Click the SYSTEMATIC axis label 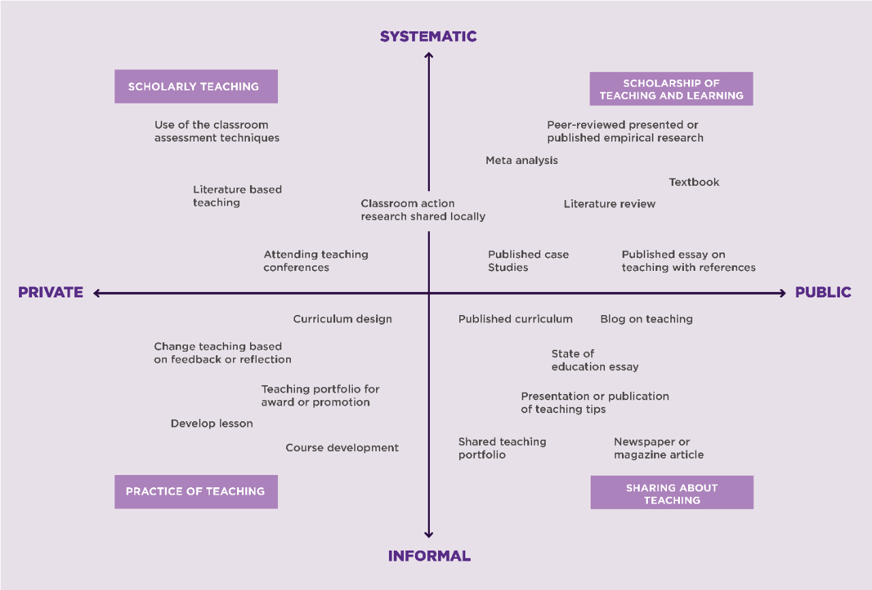[x=429, y=36]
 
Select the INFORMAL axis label [x=429, y=556]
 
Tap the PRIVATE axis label [x=50, y=293]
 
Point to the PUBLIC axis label [x=823, y=293]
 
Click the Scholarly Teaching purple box [x=196, y=86]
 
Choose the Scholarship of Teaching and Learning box [x=671, y=89]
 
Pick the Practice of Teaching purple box [x=196, y=491]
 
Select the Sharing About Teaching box [x=672, y=493]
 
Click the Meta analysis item [x=522, y=161]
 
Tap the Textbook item [x=694, y=182]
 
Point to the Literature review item [x=610, y=204]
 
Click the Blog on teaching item [x=647, y=319]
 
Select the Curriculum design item [x=343, y=319]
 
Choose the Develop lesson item [x=212, y=424]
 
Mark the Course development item [x=342, y=448]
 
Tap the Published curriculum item [x=516, y=319]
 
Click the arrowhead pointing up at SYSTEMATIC [x=429, y=56]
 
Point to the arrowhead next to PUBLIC [x=782, y=293]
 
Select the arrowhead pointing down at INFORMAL [x=429, y=535]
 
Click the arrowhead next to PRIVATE [x=97, y=293]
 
